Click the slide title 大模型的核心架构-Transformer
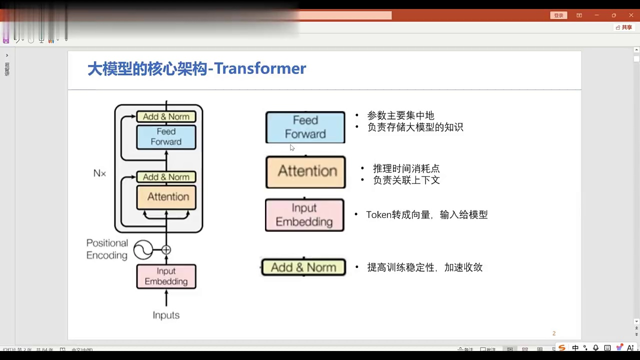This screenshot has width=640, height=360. pos(196,68)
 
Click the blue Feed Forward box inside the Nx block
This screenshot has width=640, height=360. pos(166,136)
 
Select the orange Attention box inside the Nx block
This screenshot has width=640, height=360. pos(166,197)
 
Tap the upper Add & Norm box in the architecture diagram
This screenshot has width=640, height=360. pos(166,116)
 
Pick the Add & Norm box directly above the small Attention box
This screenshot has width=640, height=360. pos(166,177)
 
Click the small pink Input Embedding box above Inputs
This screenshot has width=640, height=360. pos(166,276)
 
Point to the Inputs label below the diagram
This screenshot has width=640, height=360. pos(166,315)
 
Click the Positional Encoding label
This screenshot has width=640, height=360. pos(107,249)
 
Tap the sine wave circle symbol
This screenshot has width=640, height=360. pos(143,249)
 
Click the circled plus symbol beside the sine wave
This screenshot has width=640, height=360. pos(166,249)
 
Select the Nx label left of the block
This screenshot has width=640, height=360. pos(99,173)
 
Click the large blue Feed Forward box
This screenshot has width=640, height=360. pos(305,127)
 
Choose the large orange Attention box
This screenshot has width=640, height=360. pos(305,172)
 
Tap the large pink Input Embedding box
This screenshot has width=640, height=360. pos(304,215)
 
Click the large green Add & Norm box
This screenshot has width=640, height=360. pos(303,267)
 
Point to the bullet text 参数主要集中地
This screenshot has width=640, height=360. pos(400,115)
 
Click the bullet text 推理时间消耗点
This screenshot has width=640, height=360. pos(406,168)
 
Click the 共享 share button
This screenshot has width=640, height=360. pos(624,27)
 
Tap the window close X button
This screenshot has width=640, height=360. pos(631,15)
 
